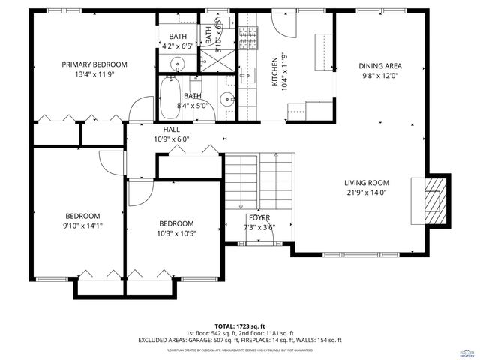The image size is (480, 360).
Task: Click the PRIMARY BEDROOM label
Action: tap(94, 64)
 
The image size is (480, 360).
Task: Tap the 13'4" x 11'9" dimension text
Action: tap(94, 75)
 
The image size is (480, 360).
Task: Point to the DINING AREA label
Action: tap(381, 65)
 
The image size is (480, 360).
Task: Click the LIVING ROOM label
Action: tap(366, 182)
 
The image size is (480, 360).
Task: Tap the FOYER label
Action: tap(259, 217)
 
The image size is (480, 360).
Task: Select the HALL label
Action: tap(172, 129)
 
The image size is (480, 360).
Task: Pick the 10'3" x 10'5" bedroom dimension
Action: tap(175, 234)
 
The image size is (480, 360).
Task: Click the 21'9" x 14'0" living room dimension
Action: tap(366, 192)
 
